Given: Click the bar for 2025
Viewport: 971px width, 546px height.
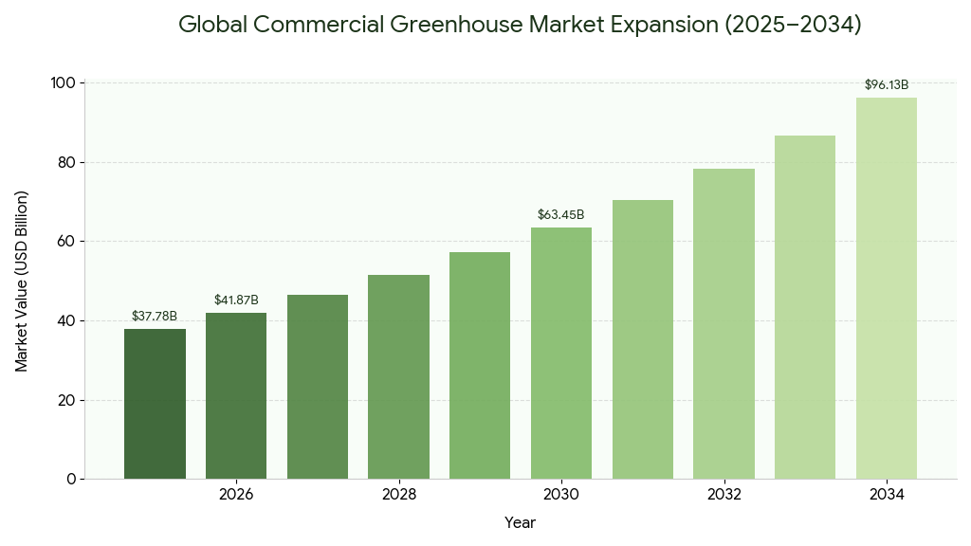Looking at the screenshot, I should (x=155, y=404).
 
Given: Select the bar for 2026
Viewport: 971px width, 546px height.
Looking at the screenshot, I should (x=236, y=395).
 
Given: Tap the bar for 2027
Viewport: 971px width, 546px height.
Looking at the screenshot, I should (x=318, y=387).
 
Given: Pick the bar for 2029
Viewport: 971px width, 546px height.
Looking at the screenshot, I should (x=480, y=365).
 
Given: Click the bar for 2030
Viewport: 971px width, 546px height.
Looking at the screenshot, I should (x=561, y=353).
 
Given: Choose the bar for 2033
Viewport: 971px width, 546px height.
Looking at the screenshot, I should (x=805, y=307).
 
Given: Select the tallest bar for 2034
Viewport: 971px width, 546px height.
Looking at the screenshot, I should (x=887, y=288).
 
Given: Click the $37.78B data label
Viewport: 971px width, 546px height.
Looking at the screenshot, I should (x=155, y=316).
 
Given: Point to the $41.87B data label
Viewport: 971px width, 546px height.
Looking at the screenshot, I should (x=236, y=300).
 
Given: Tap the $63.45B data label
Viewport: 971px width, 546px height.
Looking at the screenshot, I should (x=561, y=214).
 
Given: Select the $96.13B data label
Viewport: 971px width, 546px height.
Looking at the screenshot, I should (x=887, y=84).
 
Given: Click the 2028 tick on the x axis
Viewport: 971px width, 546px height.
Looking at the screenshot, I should (x=399, y=495).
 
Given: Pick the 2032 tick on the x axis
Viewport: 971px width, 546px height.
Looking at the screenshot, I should (x=724, y=495).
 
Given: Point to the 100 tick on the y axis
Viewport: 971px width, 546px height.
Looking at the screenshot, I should (x=63, y=83).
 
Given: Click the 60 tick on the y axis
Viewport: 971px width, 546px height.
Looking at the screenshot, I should (x=66, y=242).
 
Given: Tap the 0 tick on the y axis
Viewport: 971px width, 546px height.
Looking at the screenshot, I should (x=71, y=480).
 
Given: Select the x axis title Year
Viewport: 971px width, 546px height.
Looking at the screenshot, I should (x=520, y=522).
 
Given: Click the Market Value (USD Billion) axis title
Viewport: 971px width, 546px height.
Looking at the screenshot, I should (x=22, y=281).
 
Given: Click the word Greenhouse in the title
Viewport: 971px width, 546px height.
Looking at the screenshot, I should (x=451, y=25).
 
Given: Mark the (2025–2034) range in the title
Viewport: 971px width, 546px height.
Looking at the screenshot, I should (x=793, y=25).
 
